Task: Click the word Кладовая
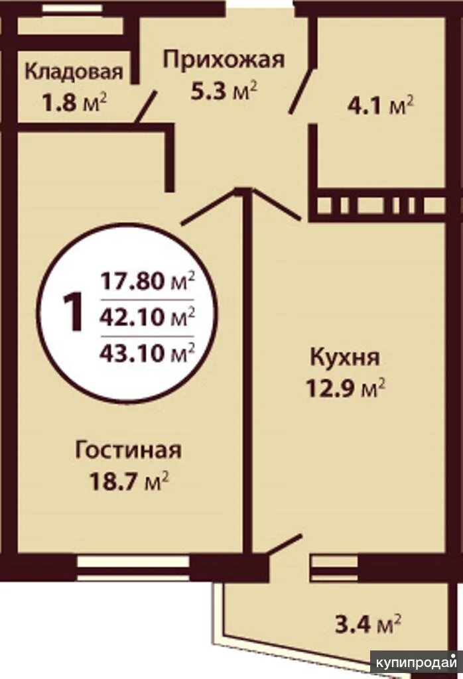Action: (74, 72)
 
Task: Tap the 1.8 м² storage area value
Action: (74, 103)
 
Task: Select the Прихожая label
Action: (224, 60)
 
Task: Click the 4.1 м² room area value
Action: (381, 105)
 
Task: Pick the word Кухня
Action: (345, 358)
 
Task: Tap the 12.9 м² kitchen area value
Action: (346, 388)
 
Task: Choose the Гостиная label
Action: (128, 450)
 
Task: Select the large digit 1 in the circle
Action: (73, 311)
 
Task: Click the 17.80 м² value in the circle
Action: (147, 281)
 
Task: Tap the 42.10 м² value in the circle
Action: (147, 318)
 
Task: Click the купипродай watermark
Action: (416, 662)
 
